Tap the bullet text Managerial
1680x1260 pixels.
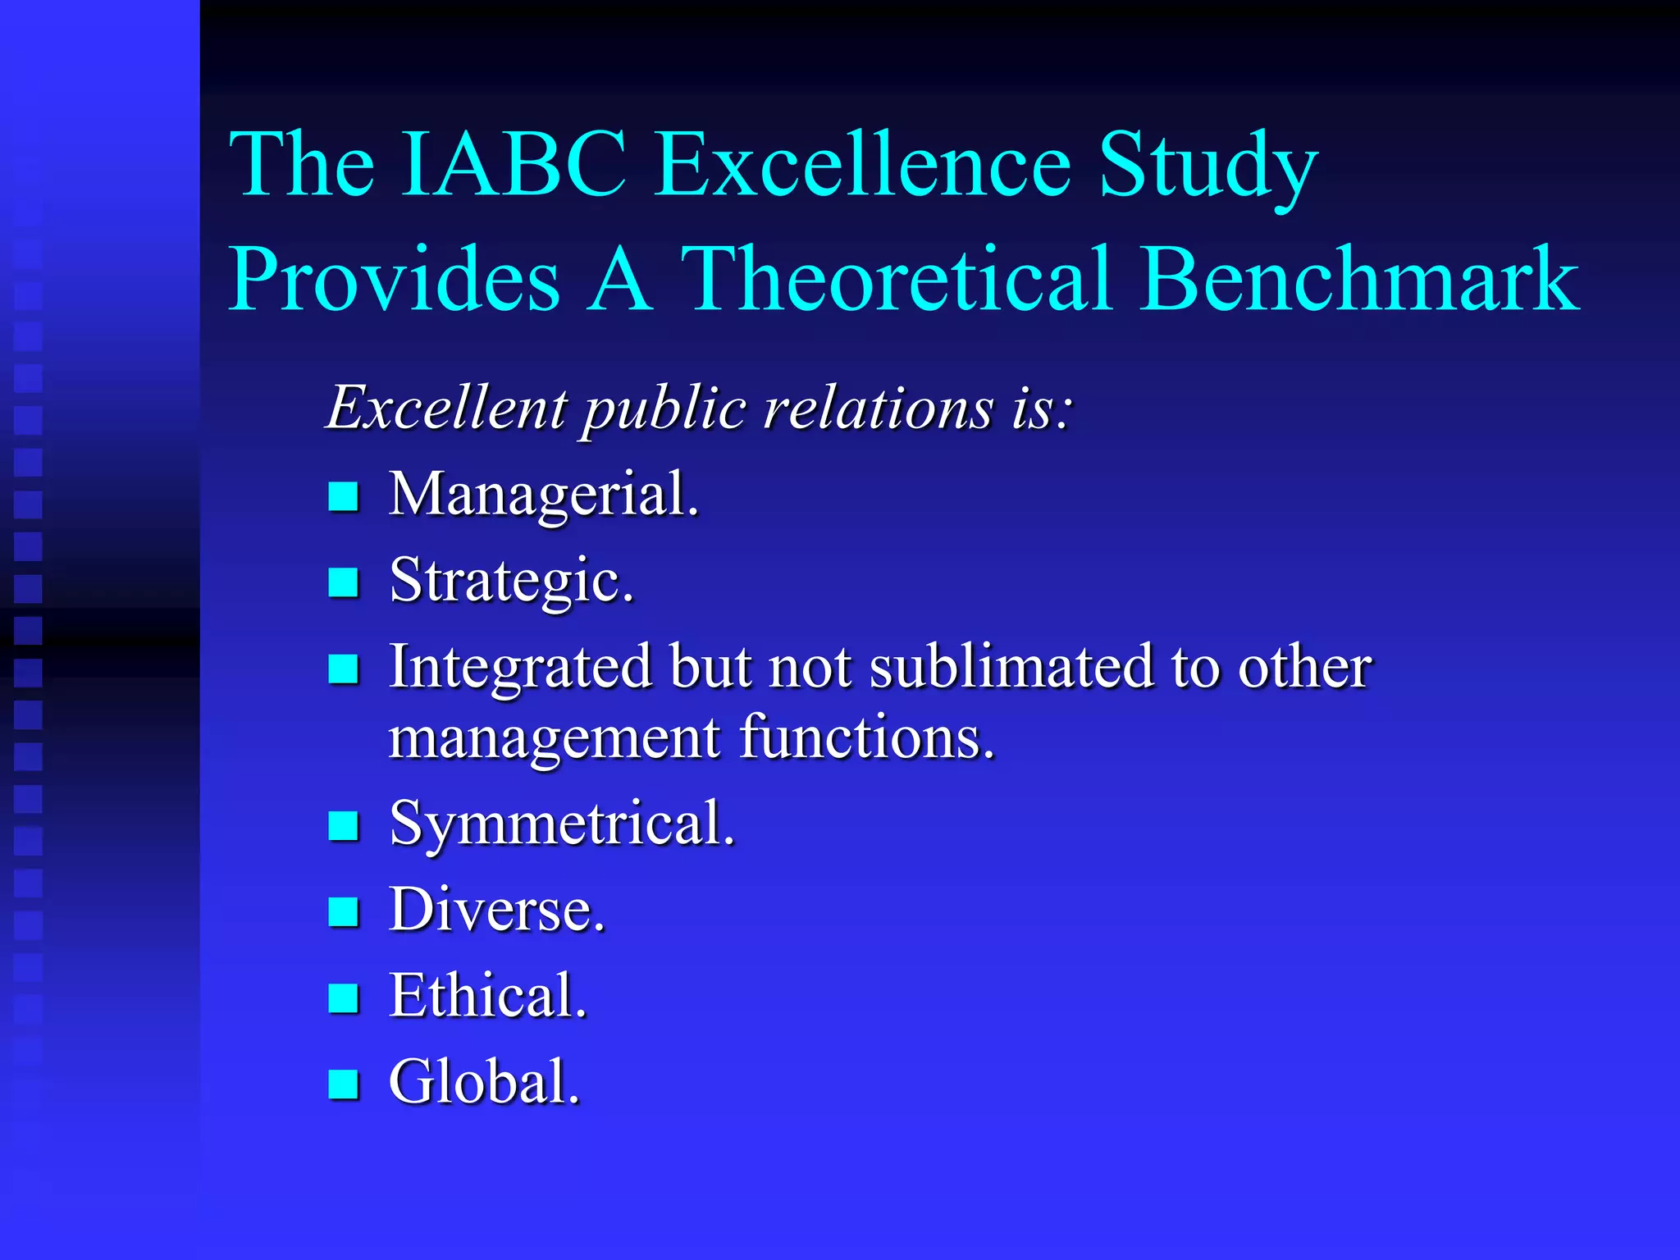(x=544, y=495)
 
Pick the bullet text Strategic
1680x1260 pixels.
(x=512, y=581)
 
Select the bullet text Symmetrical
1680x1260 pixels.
(x=562, y=824)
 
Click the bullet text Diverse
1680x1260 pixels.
(x=497, y=910)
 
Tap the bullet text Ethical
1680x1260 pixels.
(x=488, y=996)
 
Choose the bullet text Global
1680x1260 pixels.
(x=484, y=1082)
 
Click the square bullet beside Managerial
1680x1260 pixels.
(x=343, y=496)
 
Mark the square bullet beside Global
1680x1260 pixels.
(x=343, y=1084)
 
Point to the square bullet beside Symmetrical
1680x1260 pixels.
(x=343, y=825)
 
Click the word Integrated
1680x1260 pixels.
(x=520, y=666)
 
